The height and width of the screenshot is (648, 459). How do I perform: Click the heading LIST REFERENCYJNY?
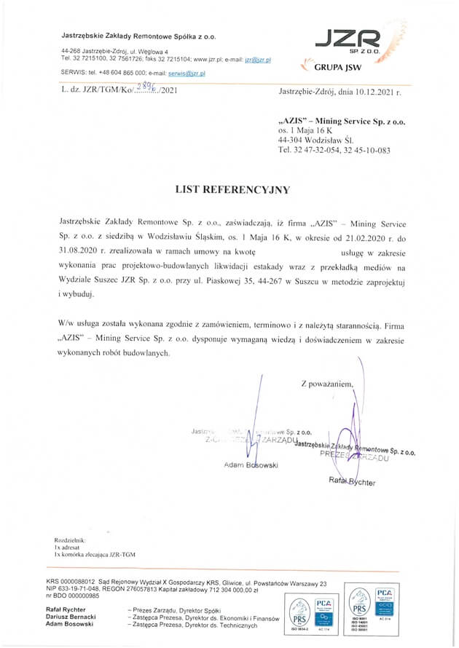232,189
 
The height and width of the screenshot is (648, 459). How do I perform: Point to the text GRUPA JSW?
337,68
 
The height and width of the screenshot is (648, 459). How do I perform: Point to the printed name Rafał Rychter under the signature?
352,481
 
